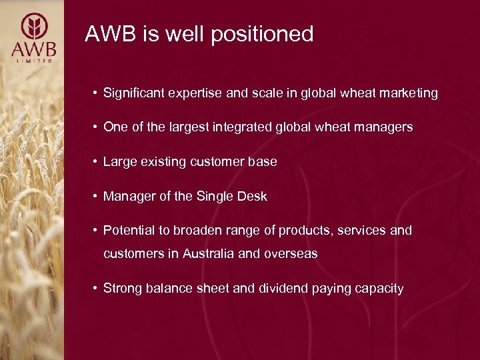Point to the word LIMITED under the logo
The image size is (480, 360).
(33, 61)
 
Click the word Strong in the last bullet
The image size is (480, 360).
(121, 289)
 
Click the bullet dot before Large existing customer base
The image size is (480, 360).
(97, 161)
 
